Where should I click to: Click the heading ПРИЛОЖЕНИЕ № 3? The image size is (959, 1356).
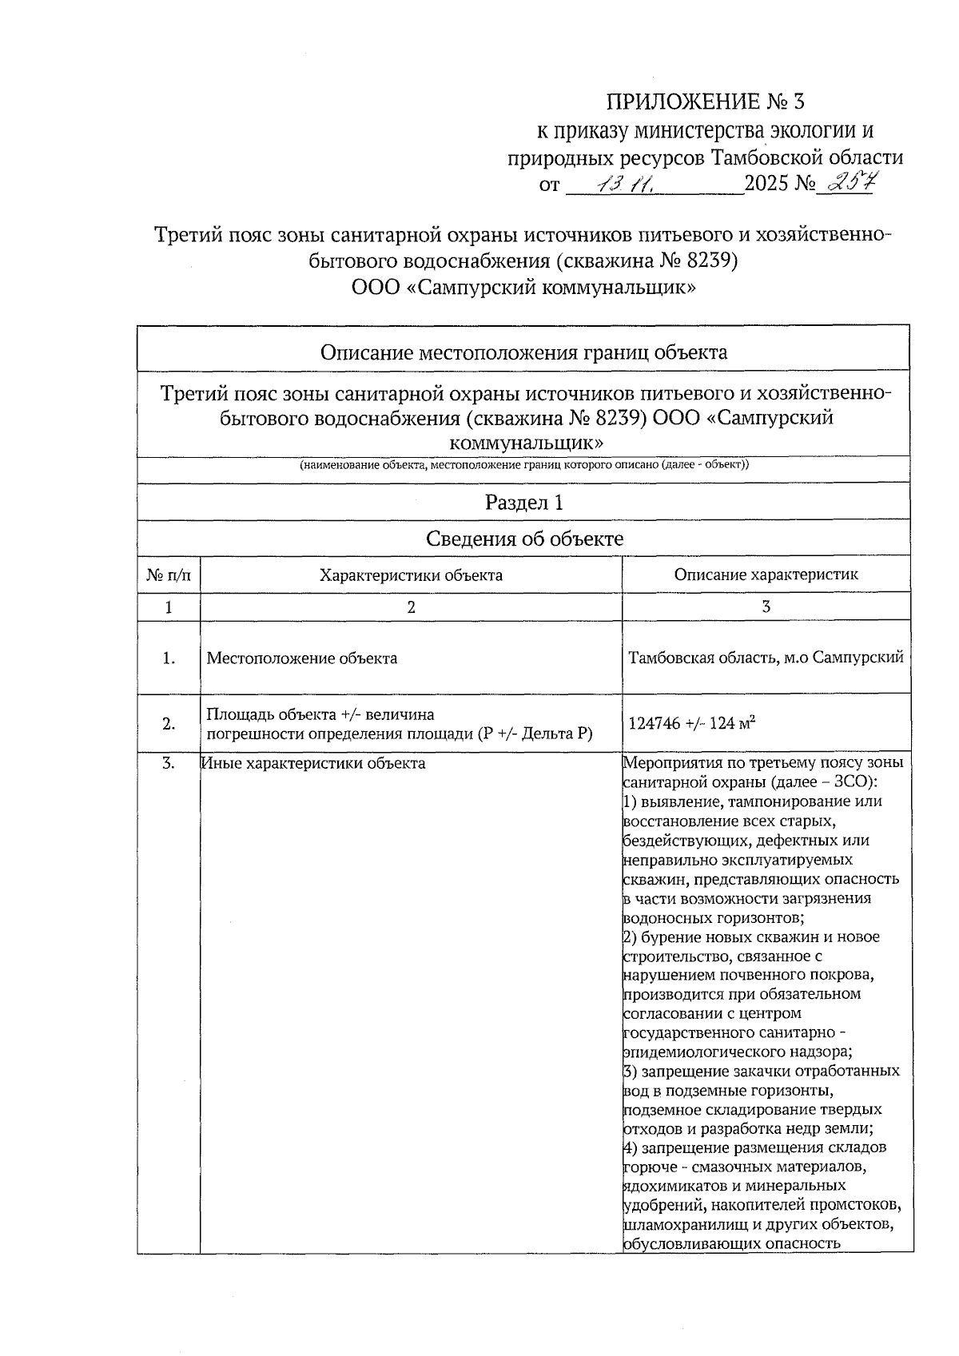[706, 102]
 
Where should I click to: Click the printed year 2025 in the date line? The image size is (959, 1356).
[766, 185]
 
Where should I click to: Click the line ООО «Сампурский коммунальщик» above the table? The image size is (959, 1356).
[523, 287]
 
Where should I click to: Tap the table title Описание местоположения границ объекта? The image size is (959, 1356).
[523, 352]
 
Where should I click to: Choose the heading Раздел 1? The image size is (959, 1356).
[523, 503]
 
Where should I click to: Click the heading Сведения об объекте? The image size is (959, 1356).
[523, 539]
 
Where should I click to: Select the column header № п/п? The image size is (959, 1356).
[169, 575]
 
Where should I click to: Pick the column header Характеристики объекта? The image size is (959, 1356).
[411, 575]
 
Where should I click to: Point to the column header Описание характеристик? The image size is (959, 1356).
[766, 575]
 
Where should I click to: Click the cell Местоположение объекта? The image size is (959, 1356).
[302, 658]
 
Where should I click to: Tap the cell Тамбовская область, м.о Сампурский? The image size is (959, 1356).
[766, 658]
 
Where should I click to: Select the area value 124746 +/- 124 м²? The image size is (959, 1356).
[692, 724]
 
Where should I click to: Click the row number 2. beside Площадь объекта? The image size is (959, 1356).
[169, 724]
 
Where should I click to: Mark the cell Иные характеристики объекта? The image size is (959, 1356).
[313, 763]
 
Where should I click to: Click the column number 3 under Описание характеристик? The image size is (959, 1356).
[766, 607]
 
